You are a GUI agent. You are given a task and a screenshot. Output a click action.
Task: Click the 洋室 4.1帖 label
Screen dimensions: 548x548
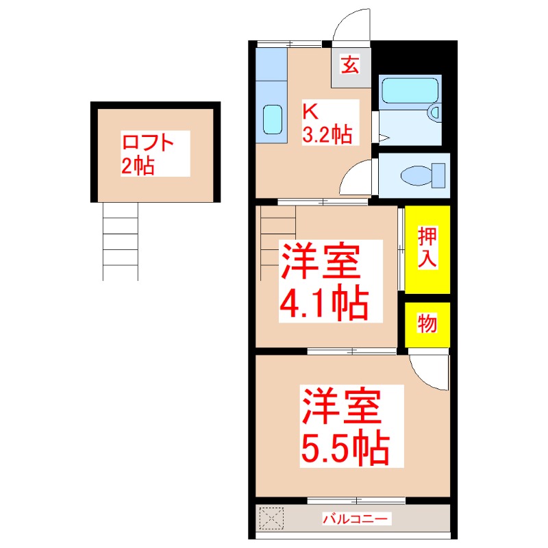click(323, 281)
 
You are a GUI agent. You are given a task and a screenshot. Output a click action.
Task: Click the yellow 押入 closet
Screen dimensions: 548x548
click(427, 249)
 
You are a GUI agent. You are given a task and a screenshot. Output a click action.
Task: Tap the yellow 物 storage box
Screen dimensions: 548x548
click(427, 324)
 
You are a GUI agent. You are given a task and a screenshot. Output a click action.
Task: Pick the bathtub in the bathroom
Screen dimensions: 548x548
click(409, 90)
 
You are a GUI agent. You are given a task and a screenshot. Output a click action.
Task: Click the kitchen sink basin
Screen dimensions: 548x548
click(273, 120)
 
